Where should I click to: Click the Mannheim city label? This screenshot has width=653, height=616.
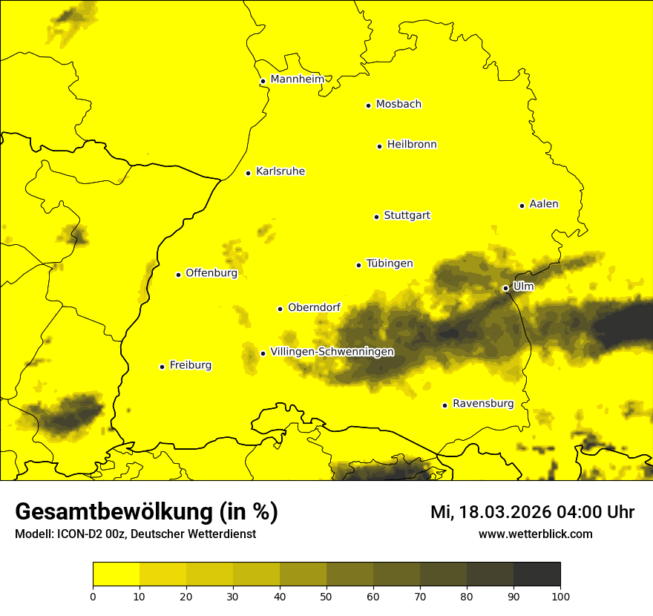point(297,79)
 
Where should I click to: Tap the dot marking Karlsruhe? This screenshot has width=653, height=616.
point(249,173)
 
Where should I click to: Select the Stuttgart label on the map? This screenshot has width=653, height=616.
point(407,216)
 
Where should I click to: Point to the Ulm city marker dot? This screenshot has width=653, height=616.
point(505,288)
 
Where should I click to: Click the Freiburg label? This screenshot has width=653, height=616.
point(190,365)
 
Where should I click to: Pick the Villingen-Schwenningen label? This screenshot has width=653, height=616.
point(332,352)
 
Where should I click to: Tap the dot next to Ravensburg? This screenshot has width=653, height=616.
point(445,405)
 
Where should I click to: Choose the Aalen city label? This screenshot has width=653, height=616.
point(543,204)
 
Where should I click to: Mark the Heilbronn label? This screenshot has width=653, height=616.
point(412,145)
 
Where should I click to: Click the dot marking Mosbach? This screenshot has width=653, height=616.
point(368,105)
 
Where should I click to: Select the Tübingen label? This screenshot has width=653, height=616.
point(390,263)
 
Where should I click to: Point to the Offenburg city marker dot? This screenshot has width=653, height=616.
point(178,275)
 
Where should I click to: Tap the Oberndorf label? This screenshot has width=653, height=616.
point(315,307)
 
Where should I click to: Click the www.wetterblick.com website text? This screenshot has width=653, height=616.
point(535,534)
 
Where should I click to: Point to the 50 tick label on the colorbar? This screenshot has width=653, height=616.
point(326,596)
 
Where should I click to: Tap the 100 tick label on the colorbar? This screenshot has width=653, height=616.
point(560,596)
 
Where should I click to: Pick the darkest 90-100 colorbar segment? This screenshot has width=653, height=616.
point(536,574)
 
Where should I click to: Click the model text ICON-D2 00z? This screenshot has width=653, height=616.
point(92,534)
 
